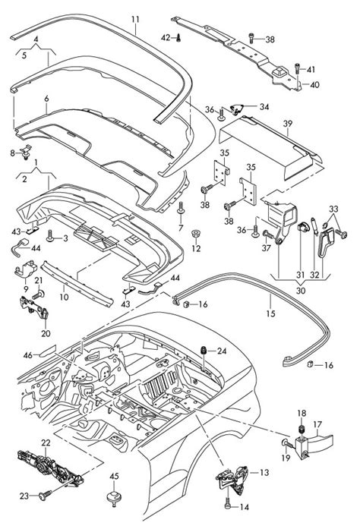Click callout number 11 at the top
pos(135,19)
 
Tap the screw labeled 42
pos(178,38)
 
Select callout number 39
pos(287,124)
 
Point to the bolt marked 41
pos(297,69)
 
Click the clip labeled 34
pos(238,109)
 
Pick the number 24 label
pos(222,351)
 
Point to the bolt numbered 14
pos(228,502)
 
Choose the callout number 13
pos(264,472)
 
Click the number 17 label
pos(317,424)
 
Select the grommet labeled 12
pos(195,234)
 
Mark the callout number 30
pos(301,290)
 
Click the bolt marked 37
pos(267,234)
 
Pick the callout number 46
pos(27,355)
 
